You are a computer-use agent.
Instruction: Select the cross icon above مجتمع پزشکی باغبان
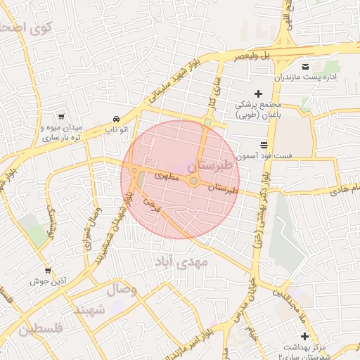coord(258,94)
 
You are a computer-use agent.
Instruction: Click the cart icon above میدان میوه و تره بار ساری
coord(63,117)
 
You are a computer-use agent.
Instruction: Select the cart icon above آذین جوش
coord(48,270)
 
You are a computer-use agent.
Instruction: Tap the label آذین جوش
coord(48,281)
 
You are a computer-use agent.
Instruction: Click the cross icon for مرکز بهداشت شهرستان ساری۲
coord(305,336)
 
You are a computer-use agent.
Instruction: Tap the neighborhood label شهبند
coord(89,309)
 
